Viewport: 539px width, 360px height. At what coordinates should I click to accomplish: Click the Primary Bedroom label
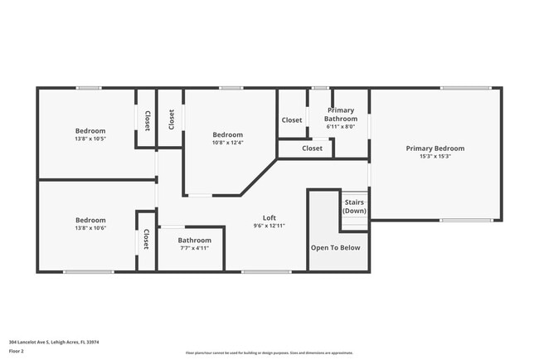[x=435, y=148]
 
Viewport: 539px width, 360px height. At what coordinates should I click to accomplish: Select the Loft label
[x=269, y=217]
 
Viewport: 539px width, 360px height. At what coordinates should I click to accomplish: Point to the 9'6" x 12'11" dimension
[x=269, y=226]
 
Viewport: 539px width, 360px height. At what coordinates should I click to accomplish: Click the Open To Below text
[x=335, y=247]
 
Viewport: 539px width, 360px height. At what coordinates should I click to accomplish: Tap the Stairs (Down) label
[x=354, y=207]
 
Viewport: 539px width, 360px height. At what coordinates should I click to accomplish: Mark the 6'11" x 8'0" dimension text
[x=340, y=127]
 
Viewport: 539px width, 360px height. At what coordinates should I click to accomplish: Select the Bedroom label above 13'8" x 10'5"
[x=90, y=130]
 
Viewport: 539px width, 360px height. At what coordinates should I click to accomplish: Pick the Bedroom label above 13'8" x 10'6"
[x=90, y=220]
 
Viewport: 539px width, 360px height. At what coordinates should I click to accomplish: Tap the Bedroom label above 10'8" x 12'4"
[x=227, y=134]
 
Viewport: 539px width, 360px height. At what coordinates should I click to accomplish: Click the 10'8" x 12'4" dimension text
[x=227, y=143]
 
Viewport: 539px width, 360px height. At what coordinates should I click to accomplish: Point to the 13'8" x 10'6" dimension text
[x=90, y=228]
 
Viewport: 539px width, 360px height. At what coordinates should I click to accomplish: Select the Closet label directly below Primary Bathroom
[x=312, y=148]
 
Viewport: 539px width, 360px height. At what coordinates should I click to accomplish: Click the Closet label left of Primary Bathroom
[x=292, y=119]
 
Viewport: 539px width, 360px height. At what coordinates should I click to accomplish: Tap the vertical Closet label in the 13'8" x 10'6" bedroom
[x=146, y=240]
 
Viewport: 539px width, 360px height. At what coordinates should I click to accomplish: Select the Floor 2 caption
[x=17, y=352]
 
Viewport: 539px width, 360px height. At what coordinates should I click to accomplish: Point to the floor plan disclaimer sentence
[x=269, y=352]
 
